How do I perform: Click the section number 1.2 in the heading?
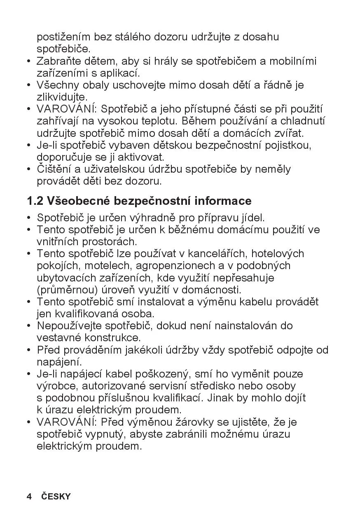point(35,201)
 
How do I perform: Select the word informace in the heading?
point(223,201)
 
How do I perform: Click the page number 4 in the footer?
point(29,497)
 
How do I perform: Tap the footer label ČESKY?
point(56,497)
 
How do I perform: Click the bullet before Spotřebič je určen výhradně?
point(29,218)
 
